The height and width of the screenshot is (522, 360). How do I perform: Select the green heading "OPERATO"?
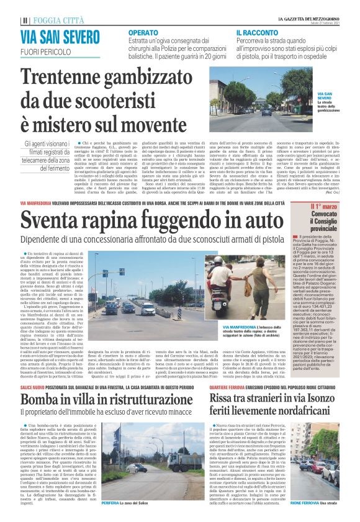pos(145,32)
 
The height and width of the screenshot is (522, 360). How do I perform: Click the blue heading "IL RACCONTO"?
pos(256,32)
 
